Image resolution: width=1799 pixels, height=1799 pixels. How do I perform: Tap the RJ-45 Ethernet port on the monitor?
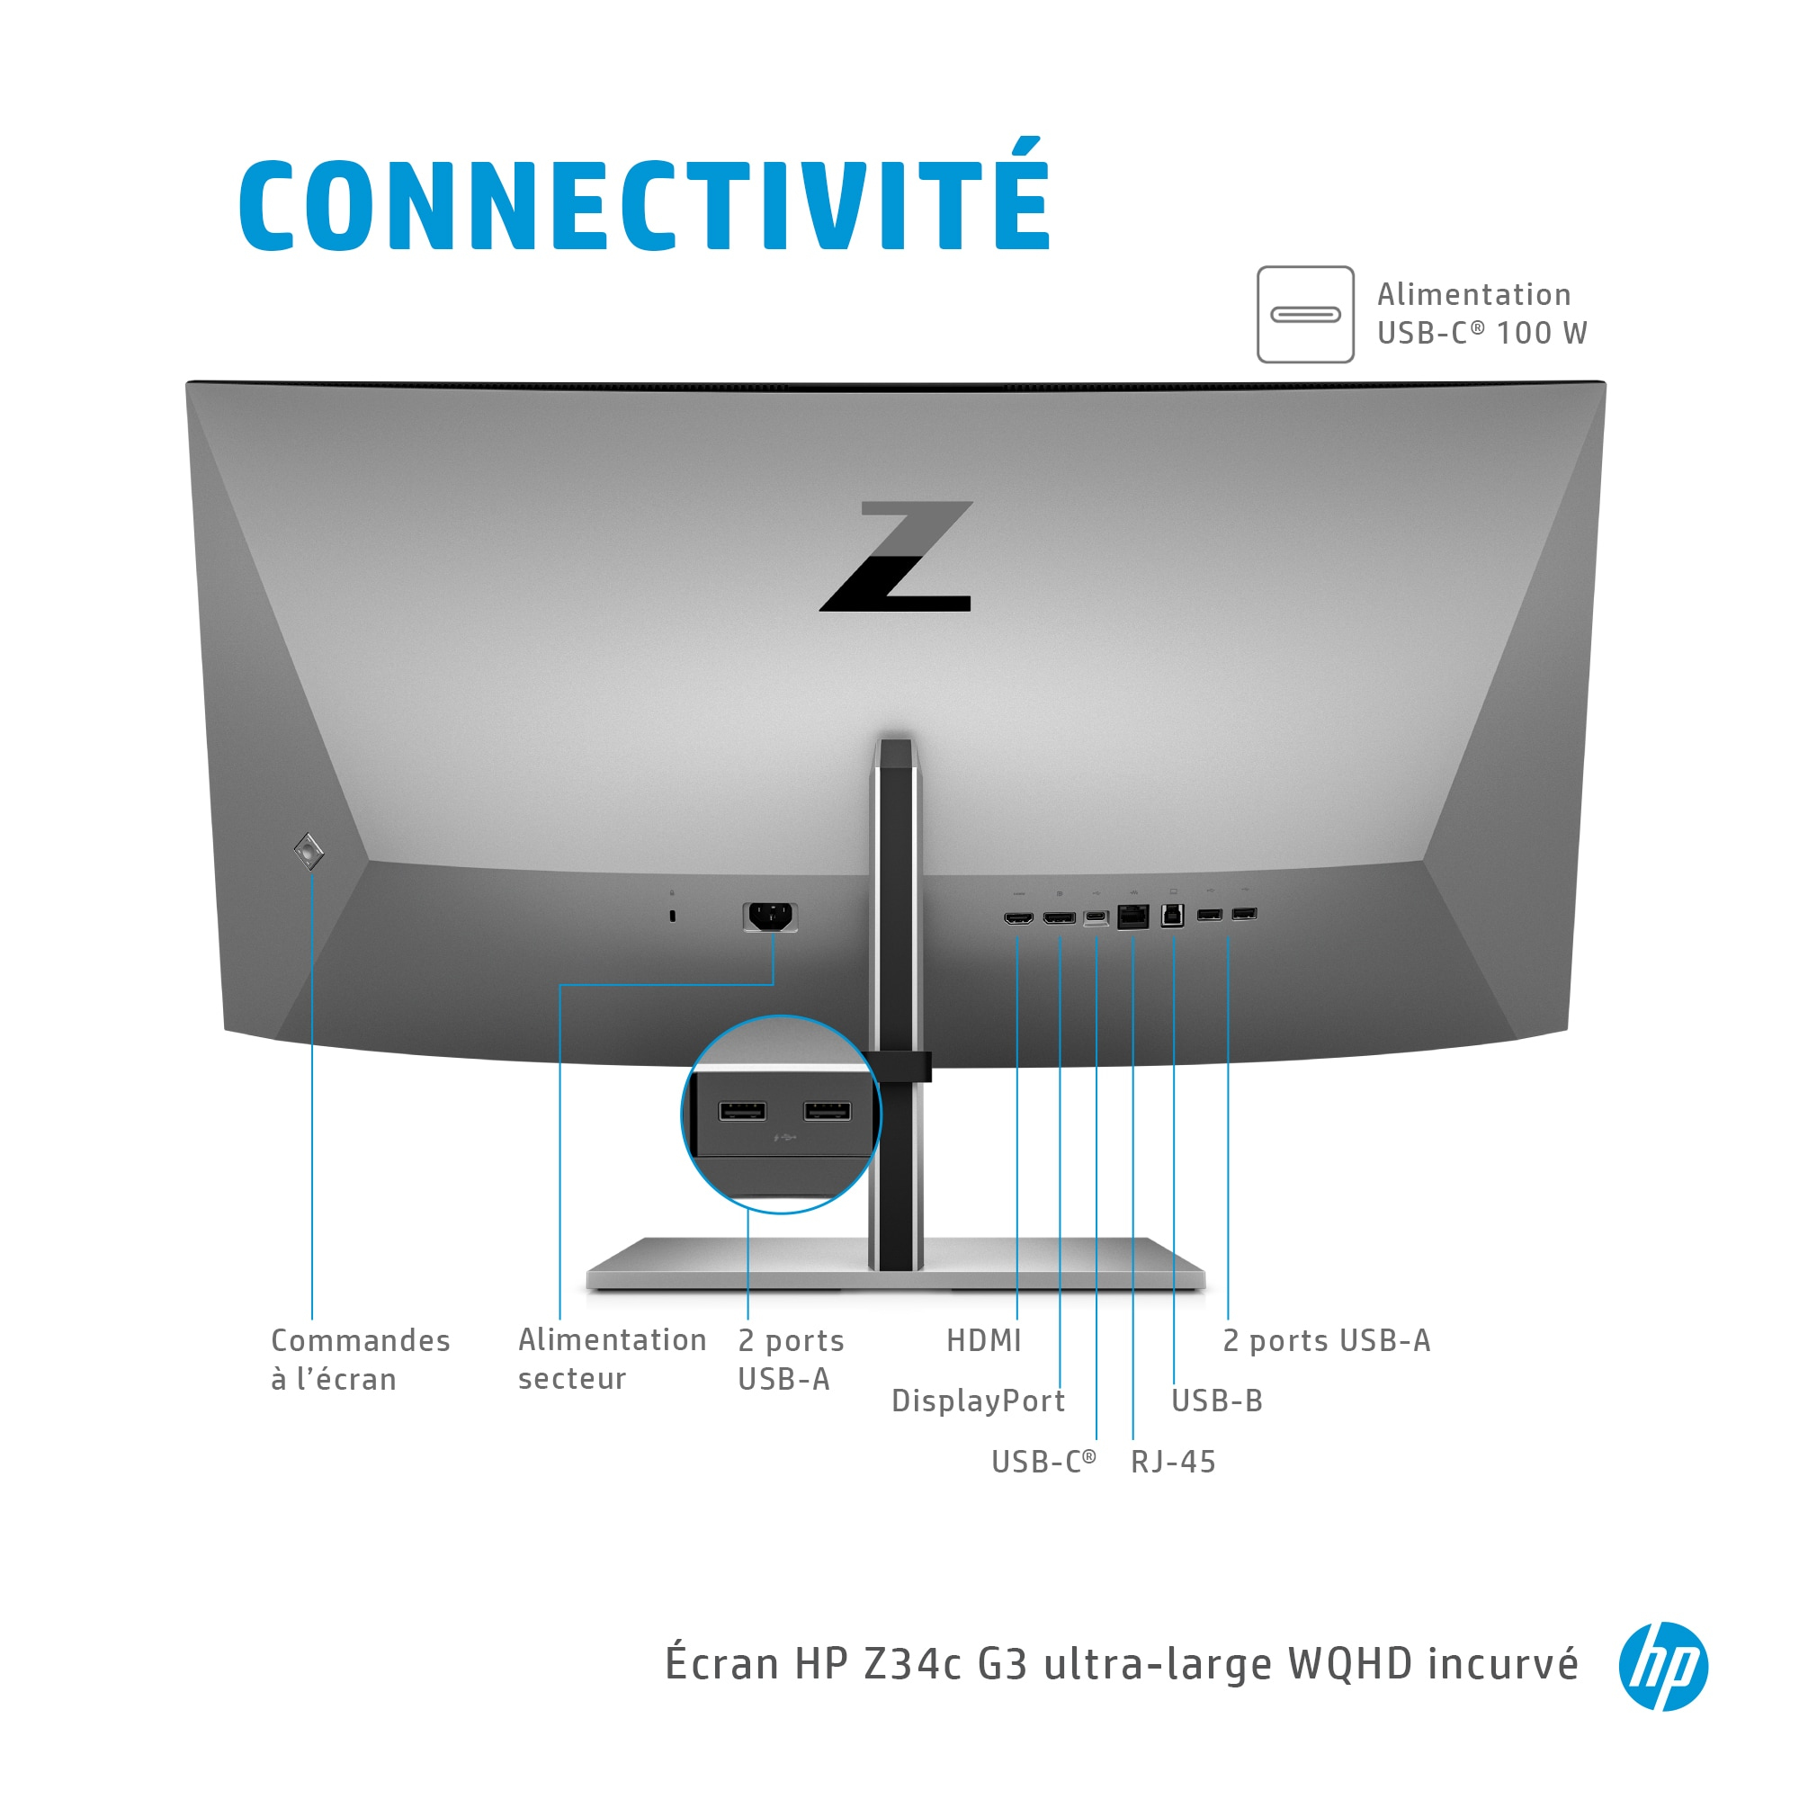click(x=1133, y=917)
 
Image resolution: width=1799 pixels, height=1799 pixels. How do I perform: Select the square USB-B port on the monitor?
click(x=1173, y=916)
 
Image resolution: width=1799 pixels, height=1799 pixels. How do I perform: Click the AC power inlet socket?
click(x=770, y=917)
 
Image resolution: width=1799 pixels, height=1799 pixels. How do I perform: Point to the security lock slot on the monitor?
click(x=672, y=917)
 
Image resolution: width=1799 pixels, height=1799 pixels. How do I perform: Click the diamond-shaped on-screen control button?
click(x=309, y=850)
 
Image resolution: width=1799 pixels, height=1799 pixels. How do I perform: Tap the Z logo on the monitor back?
click(x=897, y=556)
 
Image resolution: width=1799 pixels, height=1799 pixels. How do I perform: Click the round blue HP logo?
click(x=1663, y=1666)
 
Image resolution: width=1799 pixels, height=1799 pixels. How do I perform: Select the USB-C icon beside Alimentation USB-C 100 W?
click(x=1305, y=315)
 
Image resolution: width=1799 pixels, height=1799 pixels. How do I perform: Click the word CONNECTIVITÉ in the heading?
click(x=644, y=195)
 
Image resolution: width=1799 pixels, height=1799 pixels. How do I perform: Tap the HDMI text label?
click(x=984, y=1341)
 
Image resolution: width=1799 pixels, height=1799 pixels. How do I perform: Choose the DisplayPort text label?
click(x=978, y=1401)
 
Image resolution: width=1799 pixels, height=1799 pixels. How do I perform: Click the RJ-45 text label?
click(x=1173, y=1462)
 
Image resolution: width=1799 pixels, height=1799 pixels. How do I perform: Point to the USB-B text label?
click(x=1217, y=1401)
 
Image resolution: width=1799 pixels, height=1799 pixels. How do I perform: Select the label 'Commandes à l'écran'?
click(x=361, y=1359)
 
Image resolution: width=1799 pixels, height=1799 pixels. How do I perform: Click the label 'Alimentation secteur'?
click(x=612, y=1358)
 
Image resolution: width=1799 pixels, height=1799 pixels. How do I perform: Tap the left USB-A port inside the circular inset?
click(x=742, y=1111)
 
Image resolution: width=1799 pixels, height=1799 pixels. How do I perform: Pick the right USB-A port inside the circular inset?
click(x=827, y=1111)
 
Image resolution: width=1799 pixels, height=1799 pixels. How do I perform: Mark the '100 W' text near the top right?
click(x=1542, y=334)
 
